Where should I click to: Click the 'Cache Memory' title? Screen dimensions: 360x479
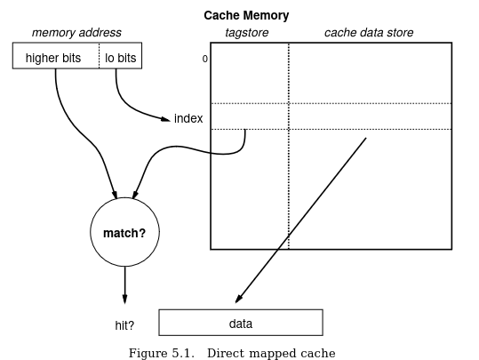246,15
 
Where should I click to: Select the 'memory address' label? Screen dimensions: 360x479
76,33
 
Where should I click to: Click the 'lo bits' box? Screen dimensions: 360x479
119,56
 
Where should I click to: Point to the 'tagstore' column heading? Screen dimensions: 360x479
246,33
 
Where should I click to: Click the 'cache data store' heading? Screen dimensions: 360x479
368,33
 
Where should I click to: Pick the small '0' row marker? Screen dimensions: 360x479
204,60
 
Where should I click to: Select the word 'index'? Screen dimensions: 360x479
188,118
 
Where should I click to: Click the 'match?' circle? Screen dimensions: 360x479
124,233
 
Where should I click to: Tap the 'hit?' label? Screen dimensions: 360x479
124,325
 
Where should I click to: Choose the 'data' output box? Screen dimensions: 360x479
240,323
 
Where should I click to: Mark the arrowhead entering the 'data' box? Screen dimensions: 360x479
240,300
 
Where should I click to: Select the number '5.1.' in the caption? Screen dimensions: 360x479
185,353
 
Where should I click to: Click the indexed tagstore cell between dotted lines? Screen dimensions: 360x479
250,116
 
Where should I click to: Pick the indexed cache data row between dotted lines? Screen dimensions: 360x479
370,116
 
